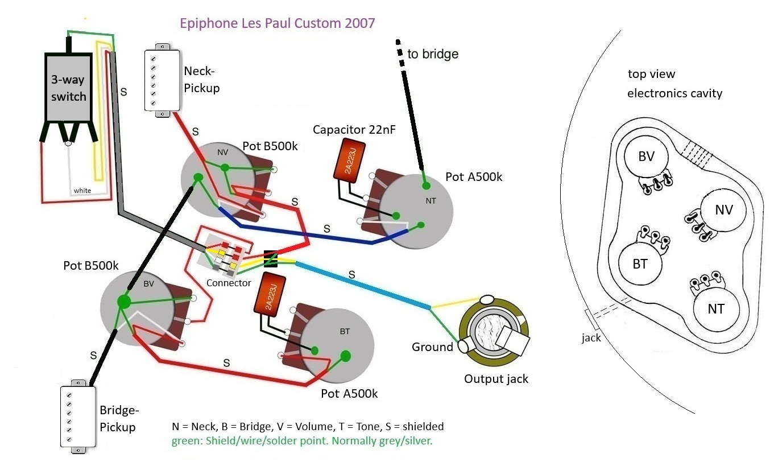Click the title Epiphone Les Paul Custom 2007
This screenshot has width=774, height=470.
pos(277,24)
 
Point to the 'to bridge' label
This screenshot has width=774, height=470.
pos(432,55)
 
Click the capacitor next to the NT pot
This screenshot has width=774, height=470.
pos(345,160)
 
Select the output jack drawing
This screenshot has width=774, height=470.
pos(494,332)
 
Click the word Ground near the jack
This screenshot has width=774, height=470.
pos(432,347)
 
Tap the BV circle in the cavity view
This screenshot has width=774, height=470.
pos(647,157)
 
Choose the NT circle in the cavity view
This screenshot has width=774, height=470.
pos(716,308)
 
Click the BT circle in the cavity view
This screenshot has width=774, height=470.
pos(640,263)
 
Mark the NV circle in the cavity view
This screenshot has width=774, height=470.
pos(723,209)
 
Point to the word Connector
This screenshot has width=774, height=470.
pos(229,283)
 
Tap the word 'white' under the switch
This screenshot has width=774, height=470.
pos(82,190)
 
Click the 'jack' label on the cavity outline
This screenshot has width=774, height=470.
pos(591,338)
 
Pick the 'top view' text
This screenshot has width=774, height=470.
pos(651,74)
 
